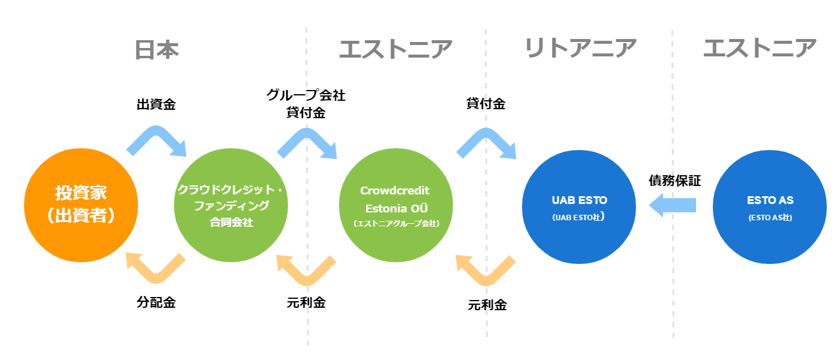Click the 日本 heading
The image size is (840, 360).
pos(157,50)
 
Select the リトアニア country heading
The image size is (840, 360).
pos(580,48)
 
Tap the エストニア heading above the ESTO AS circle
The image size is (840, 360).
pos(760,48)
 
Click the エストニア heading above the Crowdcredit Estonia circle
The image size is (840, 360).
pos(395,49)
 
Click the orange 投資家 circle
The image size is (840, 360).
pos(81,205)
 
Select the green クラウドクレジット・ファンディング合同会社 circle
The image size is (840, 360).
pos(231,205)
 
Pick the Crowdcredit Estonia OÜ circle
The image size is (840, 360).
pos(396,205)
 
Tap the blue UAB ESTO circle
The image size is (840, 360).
pos(579,207)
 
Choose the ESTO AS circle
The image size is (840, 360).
pos(769,207)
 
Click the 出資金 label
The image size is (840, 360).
pos(156,104)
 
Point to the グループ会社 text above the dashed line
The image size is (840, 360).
pos(306,95)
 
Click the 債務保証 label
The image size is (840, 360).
pos(675,181)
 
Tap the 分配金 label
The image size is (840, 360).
pos(156,302)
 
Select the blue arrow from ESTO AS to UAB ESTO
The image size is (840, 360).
pos(673,205)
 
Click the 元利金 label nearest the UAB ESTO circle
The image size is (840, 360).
pos(487,305)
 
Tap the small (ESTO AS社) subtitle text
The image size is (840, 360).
pos(770,217)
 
